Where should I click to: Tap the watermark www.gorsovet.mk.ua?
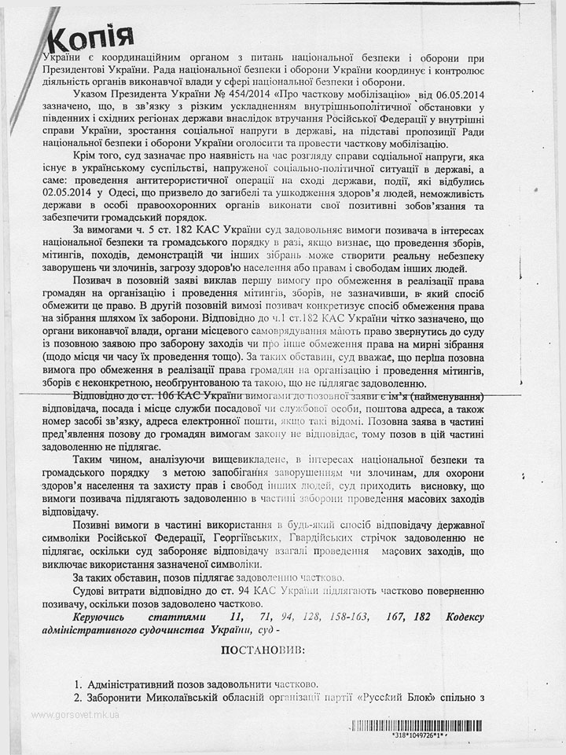click(75, 715)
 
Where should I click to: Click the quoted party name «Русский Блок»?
click(406, 698)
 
